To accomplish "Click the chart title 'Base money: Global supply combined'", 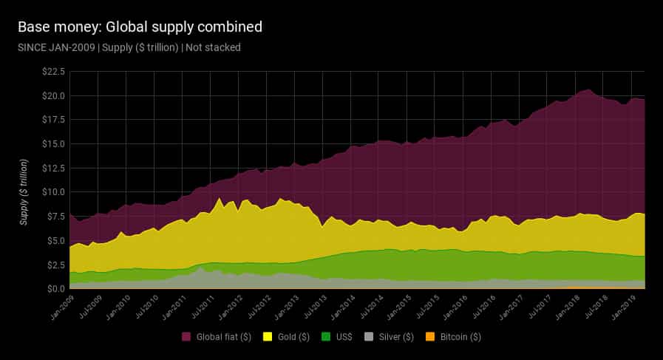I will (x=139, y=27).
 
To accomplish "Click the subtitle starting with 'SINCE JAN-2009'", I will (x=129, y=47).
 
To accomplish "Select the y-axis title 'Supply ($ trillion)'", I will (x=24, y=191).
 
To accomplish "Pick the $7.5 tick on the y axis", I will (x=54, y=216).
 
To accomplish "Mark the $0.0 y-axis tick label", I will (x=54, y=288).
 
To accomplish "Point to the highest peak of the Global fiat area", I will (x=588, y=89).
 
